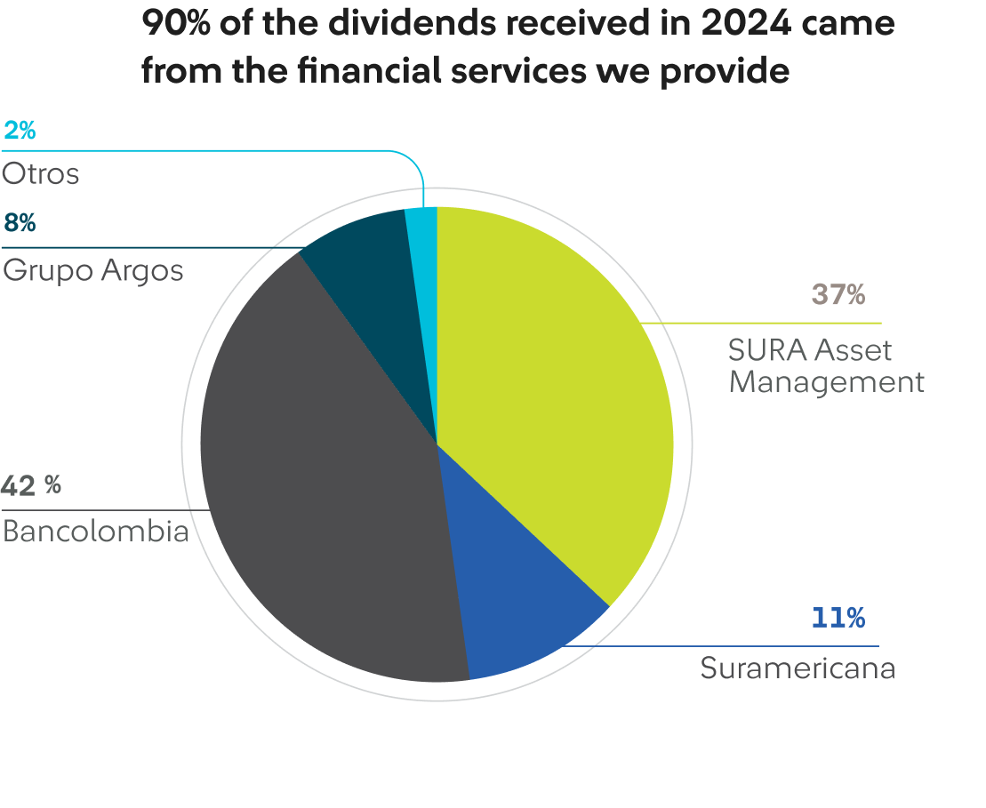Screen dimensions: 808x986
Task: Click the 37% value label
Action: pos(838,295)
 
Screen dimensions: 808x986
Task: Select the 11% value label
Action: pos(838,618)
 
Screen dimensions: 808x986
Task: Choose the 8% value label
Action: pos(19,222)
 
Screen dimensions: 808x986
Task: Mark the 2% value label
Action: pos(19,131)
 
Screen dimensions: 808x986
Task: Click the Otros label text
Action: pos(40,174)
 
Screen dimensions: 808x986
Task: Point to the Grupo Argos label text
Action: pos(92,269)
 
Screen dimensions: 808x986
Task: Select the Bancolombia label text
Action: pos(95,532)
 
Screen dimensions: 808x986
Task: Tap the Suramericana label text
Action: pos(797,668)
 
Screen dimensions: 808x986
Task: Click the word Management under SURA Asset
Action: pos(827,382)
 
